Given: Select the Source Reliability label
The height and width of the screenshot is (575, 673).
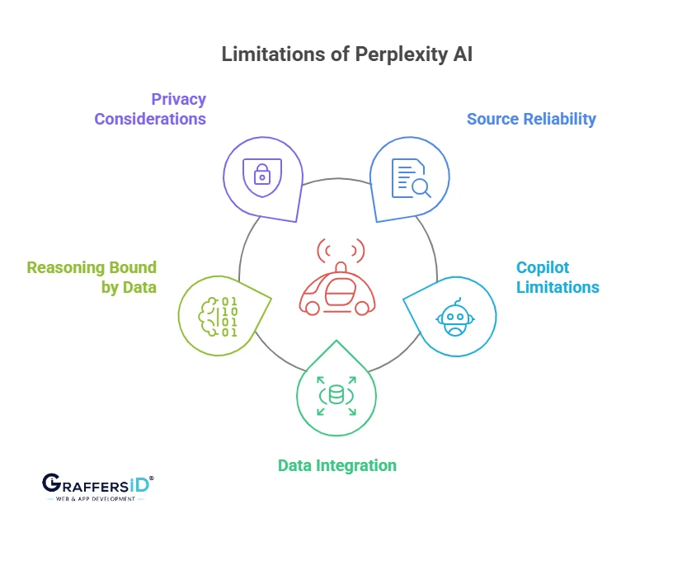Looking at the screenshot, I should click(531, 119).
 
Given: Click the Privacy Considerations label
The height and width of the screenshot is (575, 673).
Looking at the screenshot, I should click(150, 109).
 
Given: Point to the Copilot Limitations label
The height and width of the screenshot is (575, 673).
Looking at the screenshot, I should click(558, 277).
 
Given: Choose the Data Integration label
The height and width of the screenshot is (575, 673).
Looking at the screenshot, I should click(336, 465).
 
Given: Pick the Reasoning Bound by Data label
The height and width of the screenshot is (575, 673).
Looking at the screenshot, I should click(92, 277).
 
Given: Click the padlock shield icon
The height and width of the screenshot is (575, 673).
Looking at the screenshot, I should click(261, 174).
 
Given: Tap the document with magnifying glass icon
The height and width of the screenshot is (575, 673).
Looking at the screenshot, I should click(410, 177).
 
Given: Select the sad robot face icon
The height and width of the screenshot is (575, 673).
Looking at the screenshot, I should click(454, 317).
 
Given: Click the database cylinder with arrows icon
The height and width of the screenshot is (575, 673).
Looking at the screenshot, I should click(336, 395).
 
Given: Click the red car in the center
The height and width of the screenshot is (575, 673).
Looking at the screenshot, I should click(336, 290).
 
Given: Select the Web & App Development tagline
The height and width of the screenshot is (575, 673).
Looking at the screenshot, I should click(96, 499).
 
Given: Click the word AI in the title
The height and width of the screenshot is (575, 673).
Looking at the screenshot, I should click(462, 54).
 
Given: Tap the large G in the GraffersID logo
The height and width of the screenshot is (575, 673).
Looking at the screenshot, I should click(51, 484).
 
